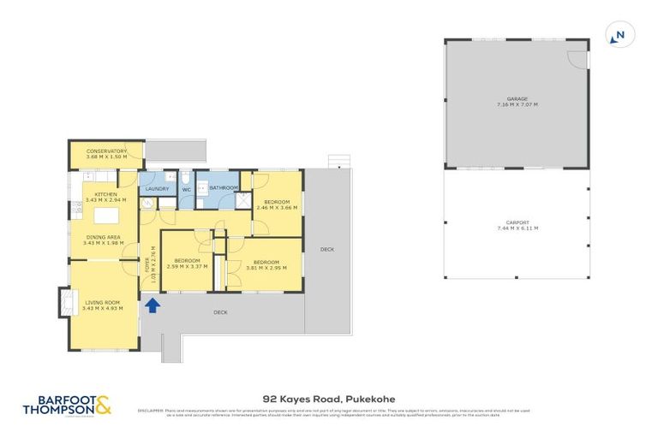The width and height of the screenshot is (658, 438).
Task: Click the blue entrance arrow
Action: coord(153,304)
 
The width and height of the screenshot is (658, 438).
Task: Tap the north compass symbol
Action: coord(617,35)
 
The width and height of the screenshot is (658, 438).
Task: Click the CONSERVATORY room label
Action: coord(106,151)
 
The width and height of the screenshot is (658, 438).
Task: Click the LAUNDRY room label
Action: coord(157,188)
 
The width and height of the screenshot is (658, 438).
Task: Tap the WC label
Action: coord(186,189)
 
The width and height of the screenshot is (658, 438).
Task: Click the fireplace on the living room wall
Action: coord(63,302)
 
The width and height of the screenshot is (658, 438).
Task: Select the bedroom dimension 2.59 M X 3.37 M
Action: coord(187,266)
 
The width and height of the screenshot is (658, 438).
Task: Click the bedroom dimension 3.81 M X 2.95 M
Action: coord(265,267)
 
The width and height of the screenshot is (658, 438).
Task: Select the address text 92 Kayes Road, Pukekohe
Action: coord(328,398)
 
